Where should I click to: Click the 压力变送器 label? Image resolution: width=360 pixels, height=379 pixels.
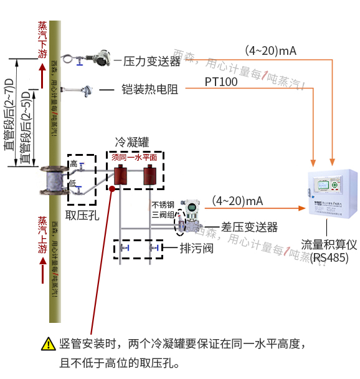[x=152, y=61]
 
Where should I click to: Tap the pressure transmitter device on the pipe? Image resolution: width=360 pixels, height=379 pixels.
[x=99, y=59]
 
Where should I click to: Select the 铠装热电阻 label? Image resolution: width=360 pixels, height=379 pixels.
[x=149, y=89]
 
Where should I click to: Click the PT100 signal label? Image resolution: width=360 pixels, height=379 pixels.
[x=221, y=82]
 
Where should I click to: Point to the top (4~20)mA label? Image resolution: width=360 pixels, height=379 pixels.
[x=270, y=50]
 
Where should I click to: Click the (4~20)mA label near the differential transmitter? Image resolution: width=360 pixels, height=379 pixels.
[x=237, y=201]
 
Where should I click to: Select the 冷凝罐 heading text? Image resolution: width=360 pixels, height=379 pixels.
[x=132, y=142]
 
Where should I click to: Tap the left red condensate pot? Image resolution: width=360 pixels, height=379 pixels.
[x=116, y=175]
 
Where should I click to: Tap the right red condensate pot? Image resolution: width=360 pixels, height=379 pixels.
[x=149, y=175]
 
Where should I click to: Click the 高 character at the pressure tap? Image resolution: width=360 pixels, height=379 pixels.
[x=73, y=163]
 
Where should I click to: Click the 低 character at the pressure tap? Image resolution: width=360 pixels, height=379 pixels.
[x=73, y=184]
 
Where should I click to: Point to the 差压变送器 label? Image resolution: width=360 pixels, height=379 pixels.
[x=249, y=227]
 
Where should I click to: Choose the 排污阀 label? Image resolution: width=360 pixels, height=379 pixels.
[x=197, y=249]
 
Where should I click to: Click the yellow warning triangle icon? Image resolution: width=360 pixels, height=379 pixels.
[x=48, y=343]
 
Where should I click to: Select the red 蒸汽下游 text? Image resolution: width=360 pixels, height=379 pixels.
[x=42, y=40]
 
